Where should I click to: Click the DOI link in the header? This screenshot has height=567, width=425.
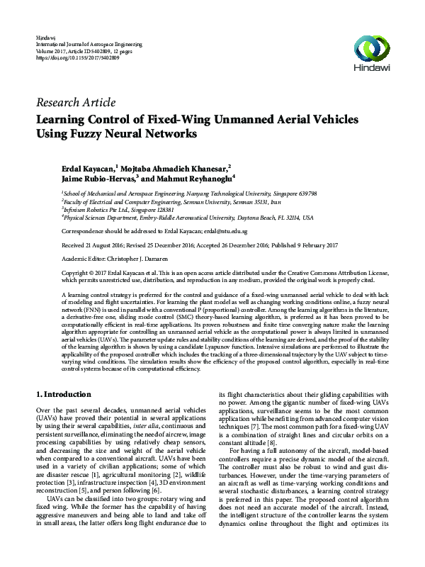[x=77, y=57]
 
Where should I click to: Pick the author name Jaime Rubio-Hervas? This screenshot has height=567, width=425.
[x=93, y=180]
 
